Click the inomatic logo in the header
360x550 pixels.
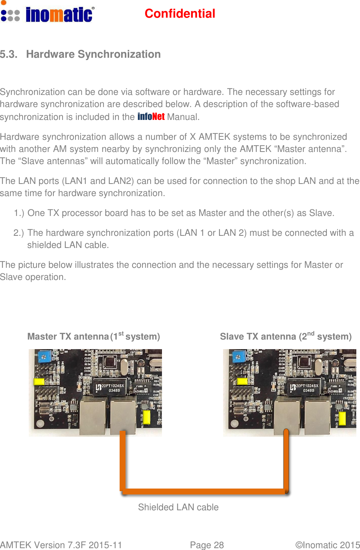pyautogui.click(x=48, y=14)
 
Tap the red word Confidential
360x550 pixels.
pyautogui.click(x=180, y=14)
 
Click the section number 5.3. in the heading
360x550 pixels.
pyautogui.click(x=9, y=54)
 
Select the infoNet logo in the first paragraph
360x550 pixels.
pyautogui.click(x=151, y=117)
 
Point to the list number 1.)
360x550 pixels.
pyautogui.click(x=19, y=213)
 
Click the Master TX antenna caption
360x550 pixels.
pyautogui.click(x=93, y=336)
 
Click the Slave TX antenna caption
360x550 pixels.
pyautogui.click(x=286, y=336)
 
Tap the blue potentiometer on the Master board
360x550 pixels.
pyautogui.click(x=45, y=356)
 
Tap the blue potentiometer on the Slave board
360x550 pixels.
pyautogui.click(x=239, y=356)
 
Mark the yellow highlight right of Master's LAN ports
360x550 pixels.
pyautogui.click(x=146, y=418)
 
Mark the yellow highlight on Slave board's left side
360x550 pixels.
pyautogui.click(x=242, y=381)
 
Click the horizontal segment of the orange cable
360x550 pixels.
pyautogui.click(x=204, y=491)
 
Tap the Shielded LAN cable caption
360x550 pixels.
pyautogui.click(x=178, y=507)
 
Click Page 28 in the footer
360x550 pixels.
pyautogui.click(x=207, y=545)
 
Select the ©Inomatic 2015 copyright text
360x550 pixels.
pyautogui.click(x=327, y=545)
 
